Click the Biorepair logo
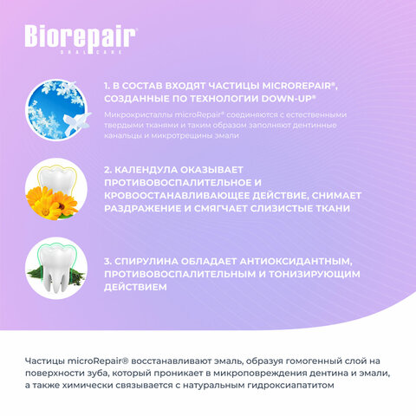click(x=80, y=39)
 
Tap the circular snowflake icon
click(x=55, y=110)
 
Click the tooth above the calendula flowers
click(x=57, y=179)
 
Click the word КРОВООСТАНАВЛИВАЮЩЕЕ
click(x=176, y=196)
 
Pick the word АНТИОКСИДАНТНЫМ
click(x=296, y=262)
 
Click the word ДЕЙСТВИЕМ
click(x=135, y=287)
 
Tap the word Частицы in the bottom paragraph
click(x=44, y=361)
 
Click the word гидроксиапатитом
click(x=290, y=386)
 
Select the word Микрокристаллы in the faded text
click(x=138, y=115)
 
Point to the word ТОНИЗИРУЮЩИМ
click(x=315, y=274)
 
